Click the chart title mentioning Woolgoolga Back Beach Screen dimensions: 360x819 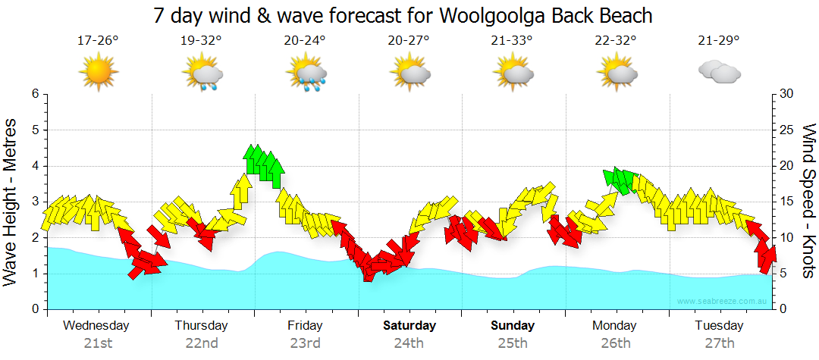pyautogui.click(x=403, y=15)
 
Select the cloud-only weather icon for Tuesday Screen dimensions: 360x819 pyautogui.click(x=719, y=73)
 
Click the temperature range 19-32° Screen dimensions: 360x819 pyautogui.click(x=202, y=40)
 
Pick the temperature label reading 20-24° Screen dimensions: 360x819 pyautogui.click(x=305, y=40)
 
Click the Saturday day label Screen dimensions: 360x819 pyautogui.click(x=409, y=326)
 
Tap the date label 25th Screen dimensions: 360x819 pyautogui.click(x=513, y=343)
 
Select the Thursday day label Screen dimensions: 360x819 pyautogui.click(x=201, y=326)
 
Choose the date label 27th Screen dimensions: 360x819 pyautogui.click(x=720, y=343)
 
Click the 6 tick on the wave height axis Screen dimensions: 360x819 pyautogui.click(x=34, y=94)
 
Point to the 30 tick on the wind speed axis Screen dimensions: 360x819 pyautogui.click(x=787, y=94)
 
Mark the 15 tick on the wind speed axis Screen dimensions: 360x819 pyautogui.click(x=787, y=202)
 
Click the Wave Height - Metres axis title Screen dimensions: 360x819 pyautogui.click(x=12, y=202)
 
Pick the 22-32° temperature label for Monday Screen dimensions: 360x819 pyautogui.click(x=615, y=40)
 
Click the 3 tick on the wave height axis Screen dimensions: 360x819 pyautogui.click(x=34, y=202)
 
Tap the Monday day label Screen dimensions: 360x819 pyautogui.click(x=615, y=326)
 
